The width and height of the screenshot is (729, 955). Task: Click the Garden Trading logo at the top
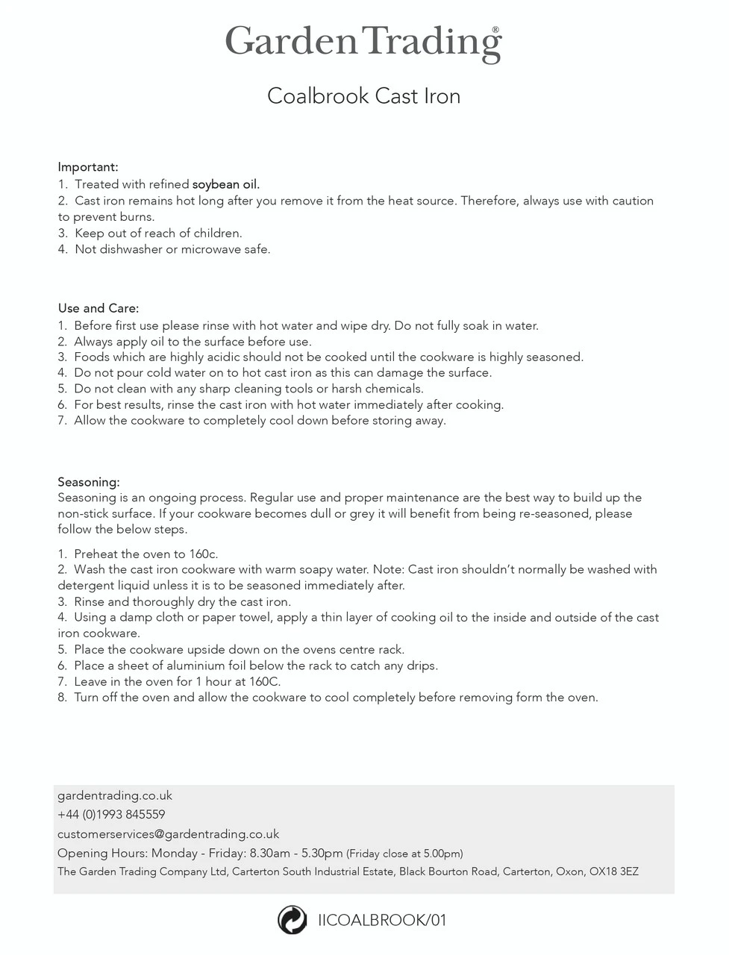(363, 43)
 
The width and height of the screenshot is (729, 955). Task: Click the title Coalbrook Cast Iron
(363, 96)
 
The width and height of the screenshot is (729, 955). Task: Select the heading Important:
(88, 167)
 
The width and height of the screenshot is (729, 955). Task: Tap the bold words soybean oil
(226, 184)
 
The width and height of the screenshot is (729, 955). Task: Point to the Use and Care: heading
(98, 308)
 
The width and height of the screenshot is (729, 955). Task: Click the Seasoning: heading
(89, 482)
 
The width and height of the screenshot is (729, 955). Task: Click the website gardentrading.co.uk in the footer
(115, 795)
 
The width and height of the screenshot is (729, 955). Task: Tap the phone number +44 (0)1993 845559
(111, 815)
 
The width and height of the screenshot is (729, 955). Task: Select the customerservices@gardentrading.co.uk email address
(168, 834)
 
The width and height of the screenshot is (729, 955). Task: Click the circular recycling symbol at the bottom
(292, 920)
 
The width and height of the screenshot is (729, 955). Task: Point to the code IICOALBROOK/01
(381, 920)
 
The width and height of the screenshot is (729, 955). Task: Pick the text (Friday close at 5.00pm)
(405, 854)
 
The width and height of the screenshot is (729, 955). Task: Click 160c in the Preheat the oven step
(203, 554)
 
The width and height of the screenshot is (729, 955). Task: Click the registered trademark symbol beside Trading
(495, 30)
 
